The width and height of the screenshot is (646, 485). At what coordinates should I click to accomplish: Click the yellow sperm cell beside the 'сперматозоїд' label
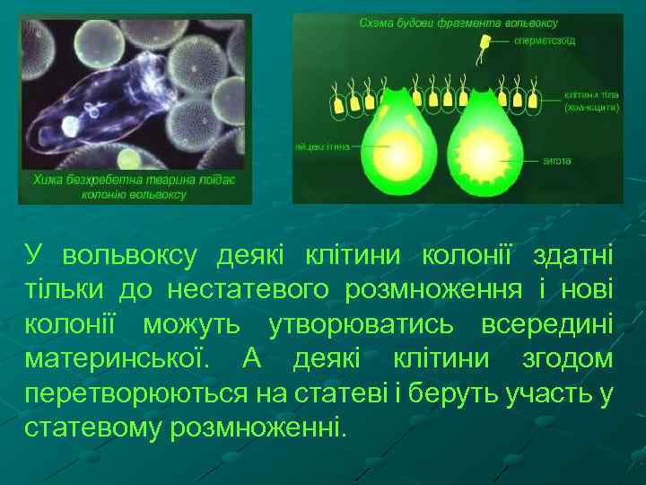point(485,41)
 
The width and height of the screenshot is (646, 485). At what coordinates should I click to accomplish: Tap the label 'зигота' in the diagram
point(556,161)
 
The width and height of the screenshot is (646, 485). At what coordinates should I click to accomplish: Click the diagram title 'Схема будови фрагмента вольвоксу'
point(458,22)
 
